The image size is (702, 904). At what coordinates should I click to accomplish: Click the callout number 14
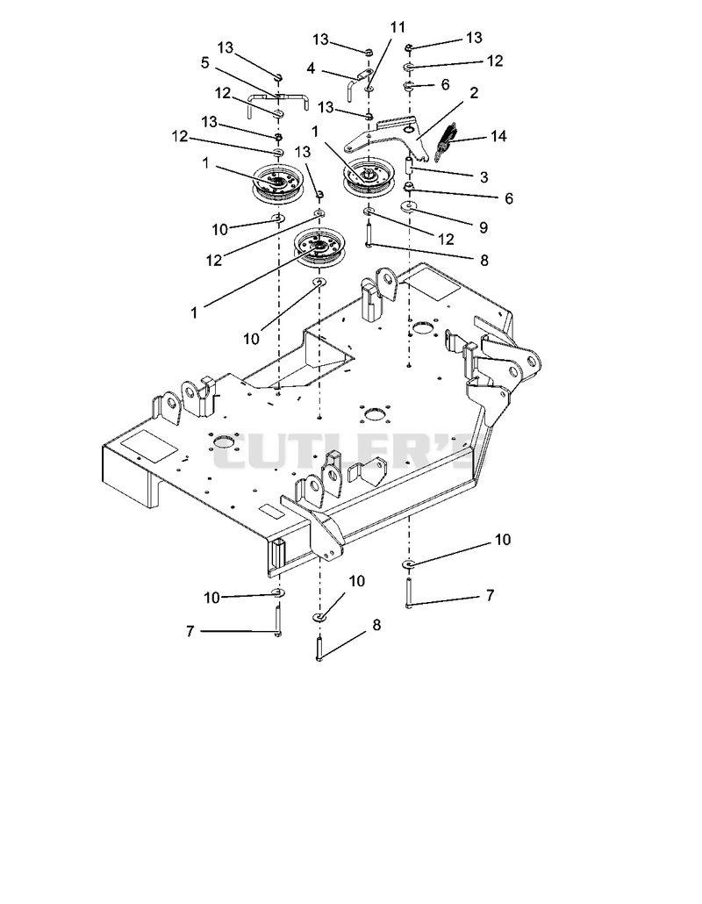[498, 136]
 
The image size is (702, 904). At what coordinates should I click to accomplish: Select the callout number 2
[474, 93]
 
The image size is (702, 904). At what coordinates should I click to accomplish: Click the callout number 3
[484, 177]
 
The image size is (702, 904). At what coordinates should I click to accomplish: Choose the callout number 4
[312, 68]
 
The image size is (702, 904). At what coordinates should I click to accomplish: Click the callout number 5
[204, 62]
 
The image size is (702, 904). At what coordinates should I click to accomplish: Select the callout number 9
[484, 227]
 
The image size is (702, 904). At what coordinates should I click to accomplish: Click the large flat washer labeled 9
[409, 206]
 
